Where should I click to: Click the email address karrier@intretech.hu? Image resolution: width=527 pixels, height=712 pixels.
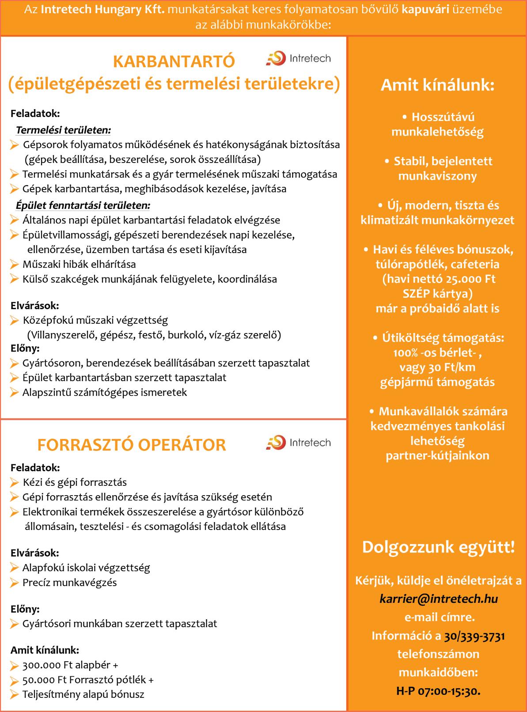[x=439, y=598]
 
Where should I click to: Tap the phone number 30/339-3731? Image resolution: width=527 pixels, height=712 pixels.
[x=474, y=636]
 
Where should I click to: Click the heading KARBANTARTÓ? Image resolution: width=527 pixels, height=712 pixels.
[x=174, y=62]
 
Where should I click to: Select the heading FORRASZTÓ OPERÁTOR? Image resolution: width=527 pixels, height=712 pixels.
[x=132, y=445]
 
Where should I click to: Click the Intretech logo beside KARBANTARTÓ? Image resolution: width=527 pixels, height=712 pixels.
[x=298, y=59]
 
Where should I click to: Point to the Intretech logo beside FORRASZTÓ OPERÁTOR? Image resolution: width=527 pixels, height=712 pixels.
[x=298, y=442]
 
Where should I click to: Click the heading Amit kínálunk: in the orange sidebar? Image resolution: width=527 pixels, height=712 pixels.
[x=437, y=85]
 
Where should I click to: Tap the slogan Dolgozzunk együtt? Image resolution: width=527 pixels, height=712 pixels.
[x=438, y=547]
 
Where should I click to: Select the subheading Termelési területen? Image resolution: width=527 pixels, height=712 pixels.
[x=63, y=130]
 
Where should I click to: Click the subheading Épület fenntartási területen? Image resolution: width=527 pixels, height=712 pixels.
[x=83, y=205]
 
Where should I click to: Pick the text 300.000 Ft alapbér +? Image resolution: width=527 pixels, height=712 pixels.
[x=70, y=665]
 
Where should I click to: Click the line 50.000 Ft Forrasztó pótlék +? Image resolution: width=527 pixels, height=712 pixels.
[x=88, y=680]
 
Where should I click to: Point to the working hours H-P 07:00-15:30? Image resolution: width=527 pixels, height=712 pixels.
[x=438, y=691]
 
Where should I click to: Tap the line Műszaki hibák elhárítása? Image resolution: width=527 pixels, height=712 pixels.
[x=79, y=265]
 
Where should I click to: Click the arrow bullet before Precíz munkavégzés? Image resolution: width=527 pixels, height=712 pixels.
[x=15, y=583]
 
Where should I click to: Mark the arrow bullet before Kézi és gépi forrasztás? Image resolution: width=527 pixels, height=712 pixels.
[x=15, y=482]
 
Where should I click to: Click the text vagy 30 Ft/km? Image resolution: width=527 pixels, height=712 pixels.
[x=437, y=367]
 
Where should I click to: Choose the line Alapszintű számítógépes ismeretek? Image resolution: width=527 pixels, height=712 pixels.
[x=105, y=392]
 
